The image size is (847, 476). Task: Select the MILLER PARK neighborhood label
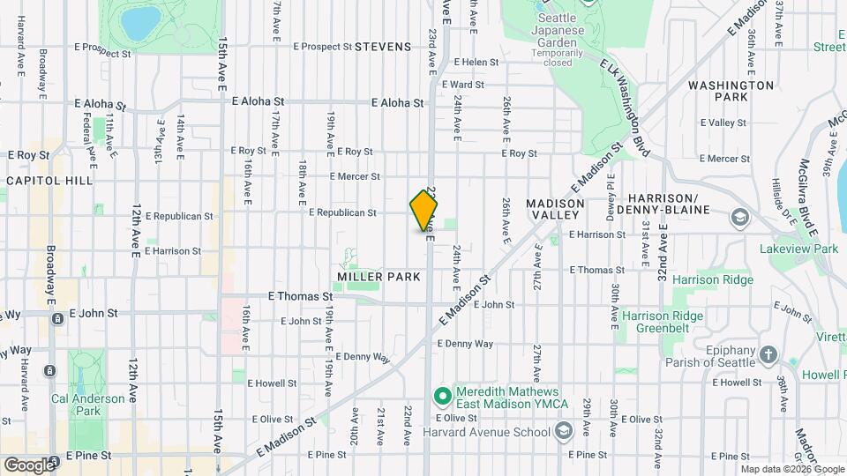click(x=379, y=277)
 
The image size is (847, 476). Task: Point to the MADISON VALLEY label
click(x=555, y=211)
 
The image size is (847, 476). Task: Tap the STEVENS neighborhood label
click(x=383, y=47)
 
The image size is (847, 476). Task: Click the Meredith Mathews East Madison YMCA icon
click(x=442, y=393)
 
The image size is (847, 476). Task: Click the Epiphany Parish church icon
click(x=768, y=354)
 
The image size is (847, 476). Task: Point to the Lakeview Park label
click(x=798, y=249)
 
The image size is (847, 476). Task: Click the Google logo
click(x=28, y=465)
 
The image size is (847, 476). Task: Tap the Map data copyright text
click(x=791, y=468)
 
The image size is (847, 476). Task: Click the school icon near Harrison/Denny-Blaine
click(x=738, y=217)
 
